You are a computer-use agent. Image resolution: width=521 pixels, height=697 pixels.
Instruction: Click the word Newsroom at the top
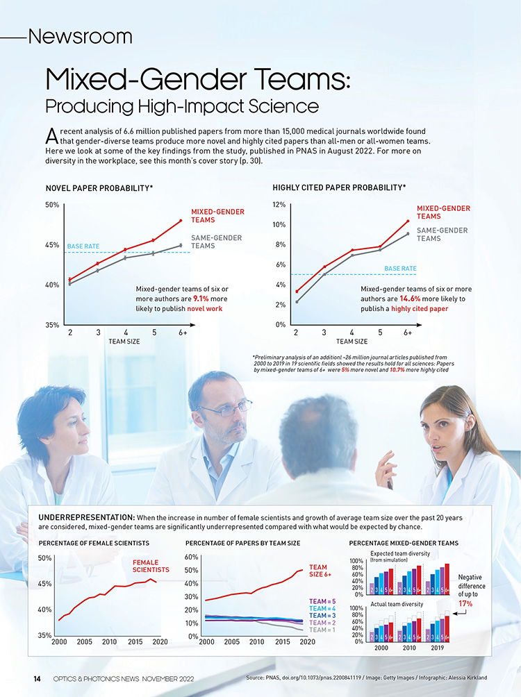click(x=80, y=35)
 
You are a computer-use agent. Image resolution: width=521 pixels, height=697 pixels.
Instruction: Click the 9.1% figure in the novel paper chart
click(x=201, y=299)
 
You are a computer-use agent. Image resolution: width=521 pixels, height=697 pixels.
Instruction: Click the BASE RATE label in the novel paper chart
click(x=83, y=246)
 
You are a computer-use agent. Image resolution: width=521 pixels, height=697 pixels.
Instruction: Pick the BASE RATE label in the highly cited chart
click(x=400, y=268)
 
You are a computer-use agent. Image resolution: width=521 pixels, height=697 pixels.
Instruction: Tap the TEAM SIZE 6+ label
click(x=319, y=571)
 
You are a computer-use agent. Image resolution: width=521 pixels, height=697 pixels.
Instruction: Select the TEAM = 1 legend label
click(x=322, y=630)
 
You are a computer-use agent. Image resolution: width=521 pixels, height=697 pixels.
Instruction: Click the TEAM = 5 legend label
click(x=322, y=601)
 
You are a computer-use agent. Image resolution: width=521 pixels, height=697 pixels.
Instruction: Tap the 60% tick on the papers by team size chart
click(x=193, y=557)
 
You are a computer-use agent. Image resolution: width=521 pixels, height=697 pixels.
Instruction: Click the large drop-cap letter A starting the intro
click(x=50, y=134)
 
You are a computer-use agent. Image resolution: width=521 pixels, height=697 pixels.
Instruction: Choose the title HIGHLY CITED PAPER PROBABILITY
click(x=339, y=187)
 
